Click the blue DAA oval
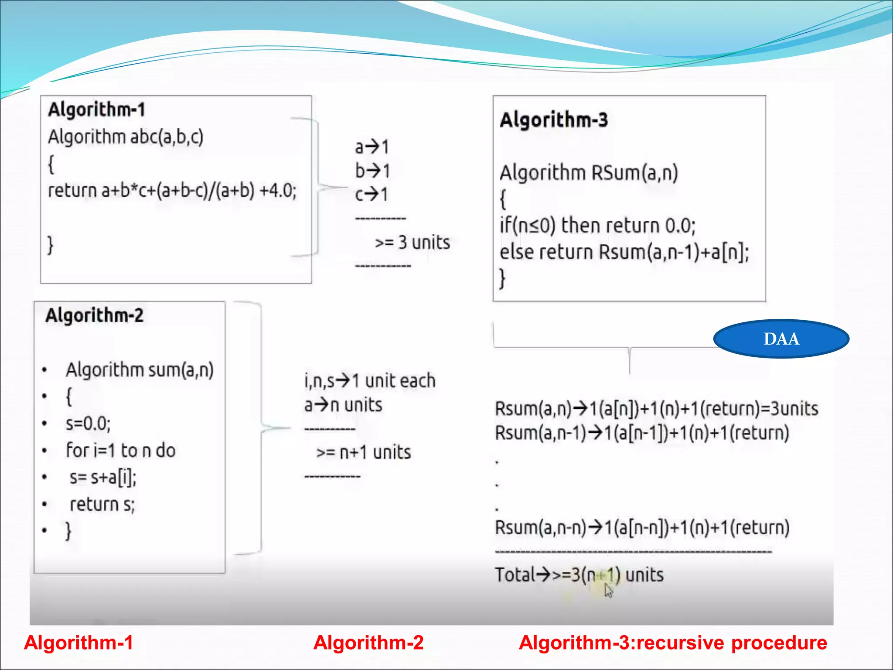pyautogui.click(x=781, y=339)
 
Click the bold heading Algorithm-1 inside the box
pyautogui.click(x=96, y=109)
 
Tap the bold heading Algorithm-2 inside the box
pyautogui.click(x=94, y=315)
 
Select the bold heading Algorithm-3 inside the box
pyautogui.click(x=554, y=120)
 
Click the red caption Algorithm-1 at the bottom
pyautogui.click(x=78, y=643)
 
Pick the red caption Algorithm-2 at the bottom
pyautogui.click(x=368, y=643)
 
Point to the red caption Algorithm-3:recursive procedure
pyautogui.click(x=673, y=643)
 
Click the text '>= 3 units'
pyautogui.click(x=412, y=243)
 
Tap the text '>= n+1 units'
pyautogui.click(x=364, y=452)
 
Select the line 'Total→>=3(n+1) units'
pyautogui.click(x=579, y=575)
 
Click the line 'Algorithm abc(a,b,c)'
pyautogui.click(x=126, y=137)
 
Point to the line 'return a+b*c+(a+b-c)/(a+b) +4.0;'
pyautogui.click(x=172, y=191)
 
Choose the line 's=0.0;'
pyautogui.click(x=88, y=424)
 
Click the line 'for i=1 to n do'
pyautogui.click(x=120, y=451)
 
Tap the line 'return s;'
pyautogui.click(x=102, y=504)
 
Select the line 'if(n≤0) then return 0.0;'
pyautogui.click(x=597, y=226)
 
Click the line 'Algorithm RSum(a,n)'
pyautogui.click(x=589, y=173)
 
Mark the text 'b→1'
pyautogui.click(x=372, y=171)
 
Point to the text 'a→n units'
pyautogui.click(x=343, y=405)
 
